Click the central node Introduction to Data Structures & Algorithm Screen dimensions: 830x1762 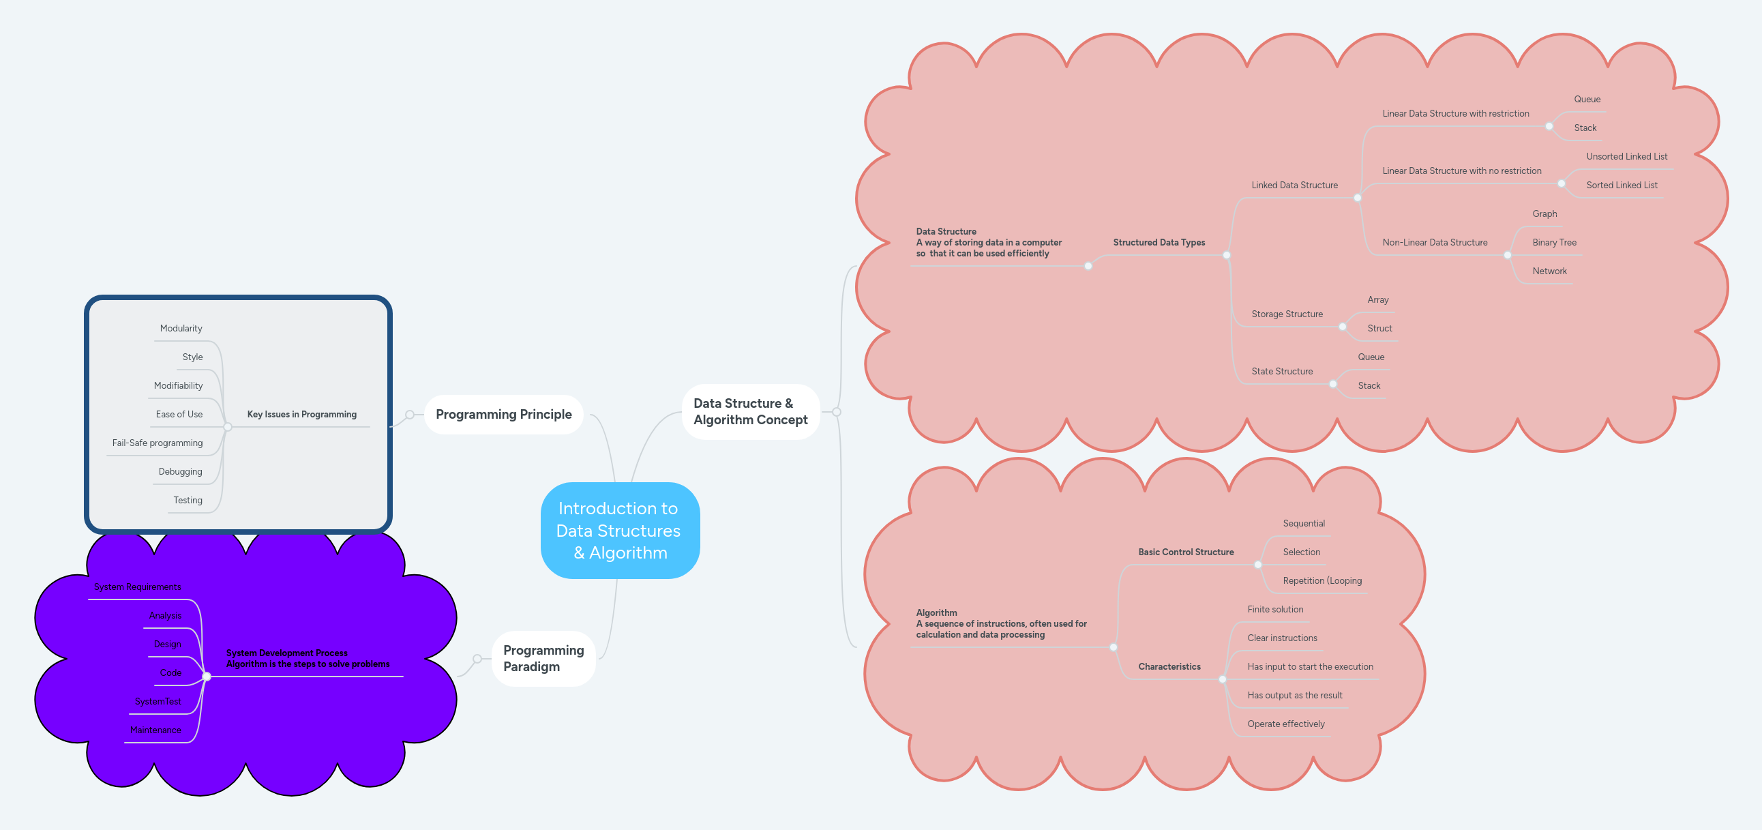pyautogui.click(x=619, y=531)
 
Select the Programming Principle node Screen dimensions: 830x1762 pyautogui.click(x=503, y=414)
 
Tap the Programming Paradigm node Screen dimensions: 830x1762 pyautogui.click(x=543, y=657)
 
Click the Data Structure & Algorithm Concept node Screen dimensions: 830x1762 pyautogui.click(x=750, y=411)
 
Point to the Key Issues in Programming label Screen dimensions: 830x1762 pyautogui.click(x=301, y=414)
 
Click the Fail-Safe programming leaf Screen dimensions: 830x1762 pyautogui.click(x=158, y=443)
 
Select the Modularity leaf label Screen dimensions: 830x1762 pyautogui.click(x=181, y=329)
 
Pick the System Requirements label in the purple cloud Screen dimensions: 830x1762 pyautogui.click(x=138, y=587)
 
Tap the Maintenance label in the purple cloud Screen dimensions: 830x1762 pyautogui.click(x=155, y=730)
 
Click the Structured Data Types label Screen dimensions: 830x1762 pyautogui.click(x=1159, y=242)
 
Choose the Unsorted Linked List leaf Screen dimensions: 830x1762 pyautogui.click(x=1626, y=156)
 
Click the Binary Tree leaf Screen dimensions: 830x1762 pyautogui.click(x=1553, y=242)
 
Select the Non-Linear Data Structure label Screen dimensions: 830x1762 pyautogui.click(x=1435, y=242)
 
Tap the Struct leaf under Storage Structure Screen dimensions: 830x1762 pyautogui.click(x=1379, y=329)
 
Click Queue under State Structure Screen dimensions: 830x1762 pyautogui.click(x=1371, y=357)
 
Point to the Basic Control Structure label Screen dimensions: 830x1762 pyautogui.click(x=1185, y=552)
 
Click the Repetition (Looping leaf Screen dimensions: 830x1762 pyautogui.click(x=1321, y=580)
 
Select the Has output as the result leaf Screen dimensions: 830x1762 pyautogui.click(x=1294, y=695)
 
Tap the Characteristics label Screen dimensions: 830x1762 pyautogui.click(x=1169, y=666)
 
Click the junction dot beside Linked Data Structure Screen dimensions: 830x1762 pyautogui.click(x=1358, y=198)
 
